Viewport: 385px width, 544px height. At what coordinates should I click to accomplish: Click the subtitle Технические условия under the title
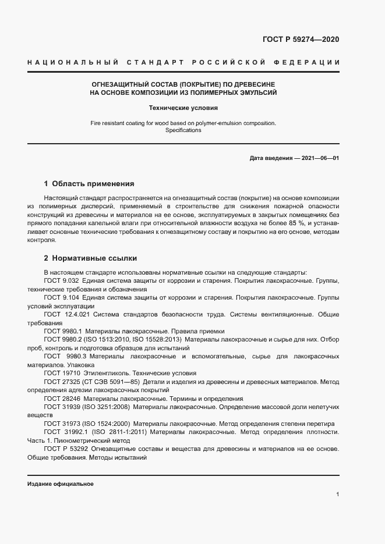point(183,108)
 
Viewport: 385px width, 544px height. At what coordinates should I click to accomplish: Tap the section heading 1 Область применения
point(89,183)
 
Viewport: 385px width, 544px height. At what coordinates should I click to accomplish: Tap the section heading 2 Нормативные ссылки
point(90,257)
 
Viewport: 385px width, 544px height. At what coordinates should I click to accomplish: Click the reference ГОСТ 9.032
point(62,281)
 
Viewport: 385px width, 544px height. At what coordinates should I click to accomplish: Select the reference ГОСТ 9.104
point(62,297)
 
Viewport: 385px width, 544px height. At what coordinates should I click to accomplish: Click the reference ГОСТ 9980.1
point(64,330)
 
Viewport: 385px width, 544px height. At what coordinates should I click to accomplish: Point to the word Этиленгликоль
point(106,373)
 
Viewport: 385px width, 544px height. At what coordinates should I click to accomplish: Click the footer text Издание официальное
point(60,484)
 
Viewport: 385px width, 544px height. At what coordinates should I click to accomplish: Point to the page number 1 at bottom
point(338,495)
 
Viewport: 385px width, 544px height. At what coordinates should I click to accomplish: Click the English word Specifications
point(183,130)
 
